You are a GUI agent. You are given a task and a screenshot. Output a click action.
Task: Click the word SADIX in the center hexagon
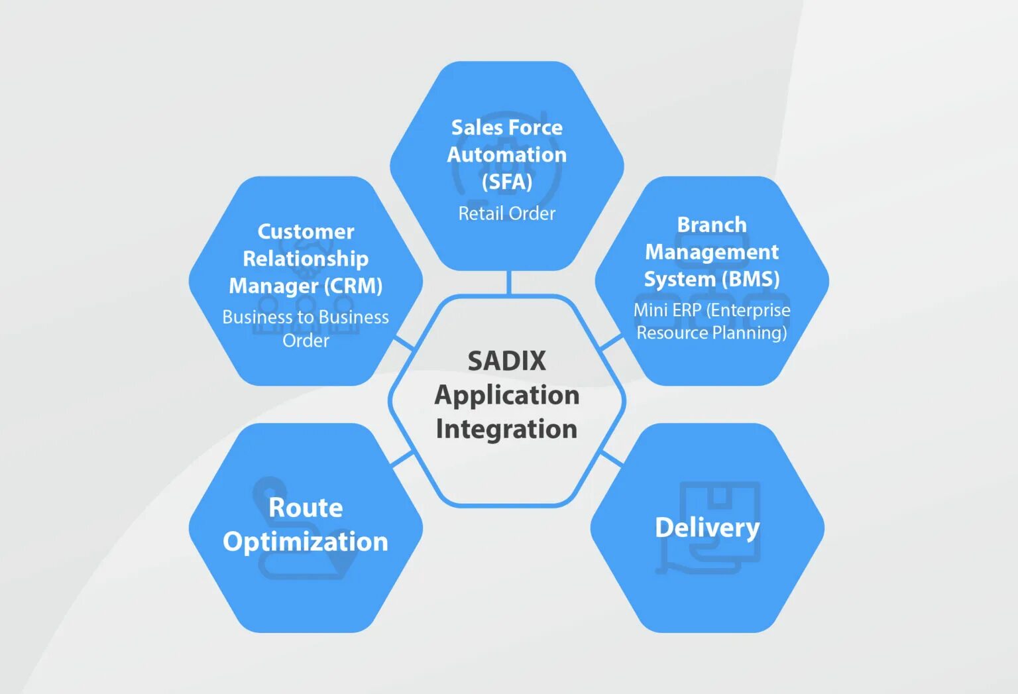[x=506, y=361]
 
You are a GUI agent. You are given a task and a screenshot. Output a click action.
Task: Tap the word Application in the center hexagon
[x=506, y=396]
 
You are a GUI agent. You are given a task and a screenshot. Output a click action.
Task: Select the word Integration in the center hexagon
[x=506, y=430]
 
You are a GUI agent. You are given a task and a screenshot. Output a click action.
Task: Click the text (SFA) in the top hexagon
[x=506, y=182]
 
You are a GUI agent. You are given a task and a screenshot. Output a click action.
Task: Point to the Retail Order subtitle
[x=506, y=213]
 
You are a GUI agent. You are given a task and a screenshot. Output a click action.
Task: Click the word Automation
[x=506, y=154]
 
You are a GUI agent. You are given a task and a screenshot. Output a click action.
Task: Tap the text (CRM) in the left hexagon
[x=353, y=286]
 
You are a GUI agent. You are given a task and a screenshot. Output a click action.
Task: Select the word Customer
[x=306, y=231]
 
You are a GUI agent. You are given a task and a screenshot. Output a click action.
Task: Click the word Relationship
[x=306, y=259]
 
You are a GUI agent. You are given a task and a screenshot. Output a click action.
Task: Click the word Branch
[x=712, y=225]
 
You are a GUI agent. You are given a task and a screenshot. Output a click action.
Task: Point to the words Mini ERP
[x=667, y=310]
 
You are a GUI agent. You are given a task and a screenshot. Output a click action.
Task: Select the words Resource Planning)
[x=712, y=333]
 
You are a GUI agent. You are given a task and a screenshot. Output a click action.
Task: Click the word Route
[x=306, y=508]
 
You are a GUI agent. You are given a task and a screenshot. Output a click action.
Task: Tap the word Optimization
[x=306, y=542]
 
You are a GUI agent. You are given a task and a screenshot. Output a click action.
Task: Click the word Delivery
[x=707, y=528]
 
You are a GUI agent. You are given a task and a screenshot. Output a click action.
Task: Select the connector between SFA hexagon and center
[x=508, y=282]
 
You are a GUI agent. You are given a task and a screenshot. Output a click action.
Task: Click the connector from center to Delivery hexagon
[x=611, y=458]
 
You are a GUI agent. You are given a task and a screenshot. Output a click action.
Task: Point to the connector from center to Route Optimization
[x=402, y=458]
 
